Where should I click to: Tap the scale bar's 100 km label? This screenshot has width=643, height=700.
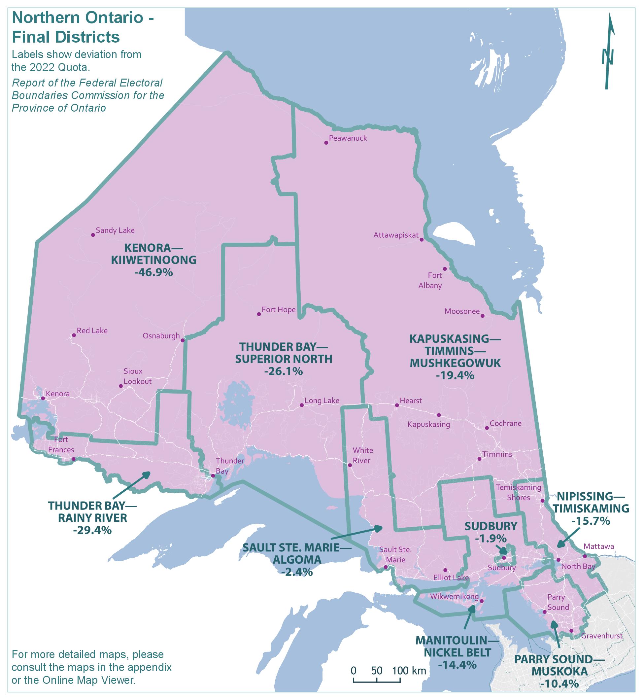coord(409,670)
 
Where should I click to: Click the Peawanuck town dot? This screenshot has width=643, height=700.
coord(326,143)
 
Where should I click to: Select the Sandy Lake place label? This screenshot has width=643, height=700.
coord(115,230)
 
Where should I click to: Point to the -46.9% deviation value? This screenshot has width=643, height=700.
coord(153,272)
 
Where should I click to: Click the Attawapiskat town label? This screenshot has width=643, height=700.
coord(396,235)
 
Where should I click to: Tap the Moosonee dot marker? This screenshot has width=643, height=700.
coord(482,316)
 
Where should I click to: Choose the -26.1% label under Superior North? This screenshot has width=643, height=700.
coord(283,371)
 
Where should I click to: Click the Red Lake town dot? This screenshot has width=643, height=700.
coord(74,335)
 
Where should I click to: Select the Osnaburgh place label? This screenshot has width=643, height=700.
coord(161,336)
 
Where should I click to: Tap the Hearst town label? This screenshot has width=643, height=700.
coord(411,401)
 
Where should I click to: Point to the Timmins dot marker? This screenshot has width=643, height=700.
coord(479,459)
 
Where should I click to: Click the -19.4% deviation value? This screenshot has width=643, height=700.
coord(455,375)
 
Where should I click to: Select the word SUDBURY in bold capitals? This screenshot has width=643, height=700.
coord(491,526)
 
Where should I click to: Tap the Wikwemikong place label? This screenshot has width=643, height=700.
coord(454,596)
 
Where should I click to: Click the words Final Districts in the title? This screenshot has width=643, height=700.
coord(66,37)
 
